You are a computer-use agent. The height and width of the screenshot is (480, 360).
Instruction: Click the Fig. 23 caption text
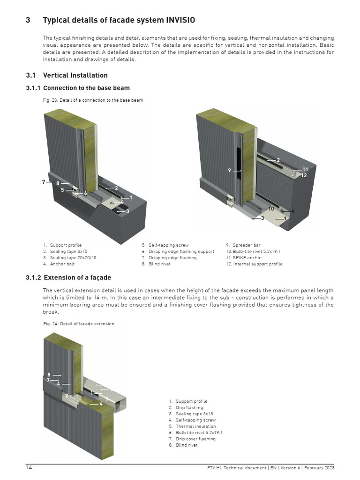pyautogui.click(x=93, y=100)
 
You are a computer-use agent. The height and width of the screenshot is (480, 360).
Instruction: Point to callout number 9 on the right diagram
pyautogui.click(x=230, y=171)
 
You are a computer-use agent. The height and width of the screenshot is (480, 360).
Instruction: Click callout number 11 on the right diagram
pyautogui.click(x=305, y=169)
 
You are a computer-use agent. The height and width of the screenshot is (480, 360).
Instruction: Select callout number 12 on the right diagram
pyautogui.click(x=304, y=175)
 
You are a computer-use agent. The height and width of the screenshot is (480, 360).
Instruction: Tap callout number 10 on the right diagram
pyautogui.click(x=271, y=209)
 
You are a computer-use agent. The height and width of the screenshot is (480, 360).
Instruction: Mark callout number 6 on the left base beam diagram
pyautogui.click(x=85, y=193)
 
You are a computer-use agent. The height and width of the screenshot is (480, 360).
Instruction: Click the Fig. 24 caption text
pyautogui.click(x=79, y=324)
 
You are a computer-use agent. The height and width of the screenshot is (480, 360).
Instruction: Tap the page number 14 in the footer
pyautogui.click(x=29, y=468)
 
